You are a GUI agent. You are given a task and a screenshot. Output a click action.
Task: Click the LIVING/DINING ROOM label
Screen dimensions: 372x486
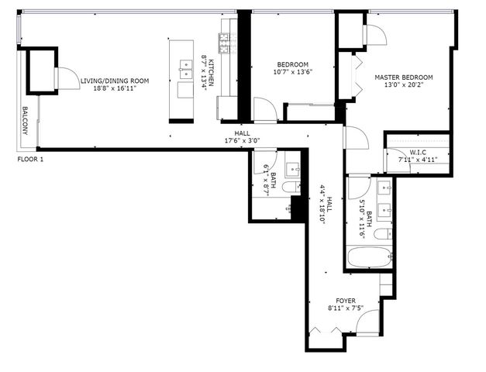115,81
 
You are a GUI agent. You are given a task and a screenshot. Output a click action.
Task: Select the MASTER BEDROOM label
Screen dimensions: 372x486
403,77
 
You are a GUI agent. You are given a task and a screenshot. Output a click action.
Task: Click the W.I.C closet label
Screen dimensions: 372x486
419,152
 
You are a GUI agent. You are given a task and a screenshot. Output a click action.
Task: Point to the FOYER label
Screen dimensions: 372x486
346,300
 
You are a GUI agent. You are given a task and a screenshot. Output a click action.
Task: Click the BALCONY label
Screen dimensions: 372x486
25,121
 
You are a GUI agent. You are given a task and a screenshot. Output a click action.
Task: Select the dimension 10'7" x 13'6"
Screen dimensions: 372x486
293,73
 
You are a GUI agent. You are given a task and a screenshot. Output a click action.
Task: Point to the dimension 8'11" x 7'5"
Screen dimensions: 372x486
346,308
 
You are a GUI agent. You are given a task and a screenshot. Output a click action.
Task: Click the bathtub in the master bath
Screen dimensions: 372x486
370,258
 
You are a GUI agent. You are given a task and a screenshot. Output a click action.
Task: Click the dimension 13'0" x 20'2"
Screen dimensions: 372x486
403,87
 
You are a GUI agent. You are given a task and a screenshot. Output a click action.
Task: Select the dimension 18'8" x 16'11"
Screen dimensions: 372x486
115,89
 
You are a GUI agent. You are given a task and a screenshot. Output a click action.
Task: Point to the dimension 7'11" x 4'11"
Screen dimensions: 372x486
419,160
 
